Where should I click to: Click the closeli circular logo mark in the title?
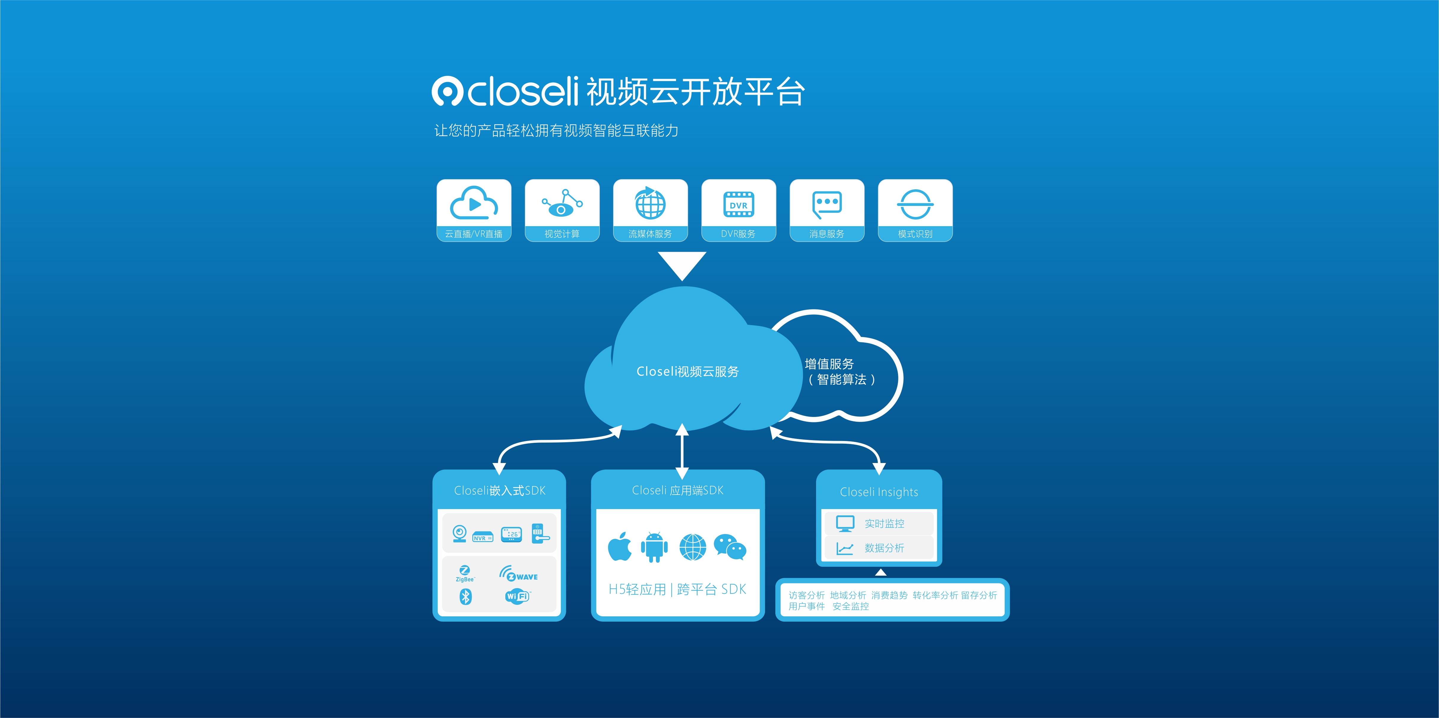coord(447,91)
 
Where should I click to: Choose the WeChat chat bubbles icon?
coord(730,547)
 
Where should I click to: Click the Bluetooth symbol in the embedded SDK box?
coord(465,597)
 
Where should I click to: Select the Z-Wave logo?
coord(518,574)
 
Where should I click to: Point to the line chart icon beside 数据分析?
coord(845,548)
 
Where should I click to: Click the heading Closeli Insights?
coord(879,492)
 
